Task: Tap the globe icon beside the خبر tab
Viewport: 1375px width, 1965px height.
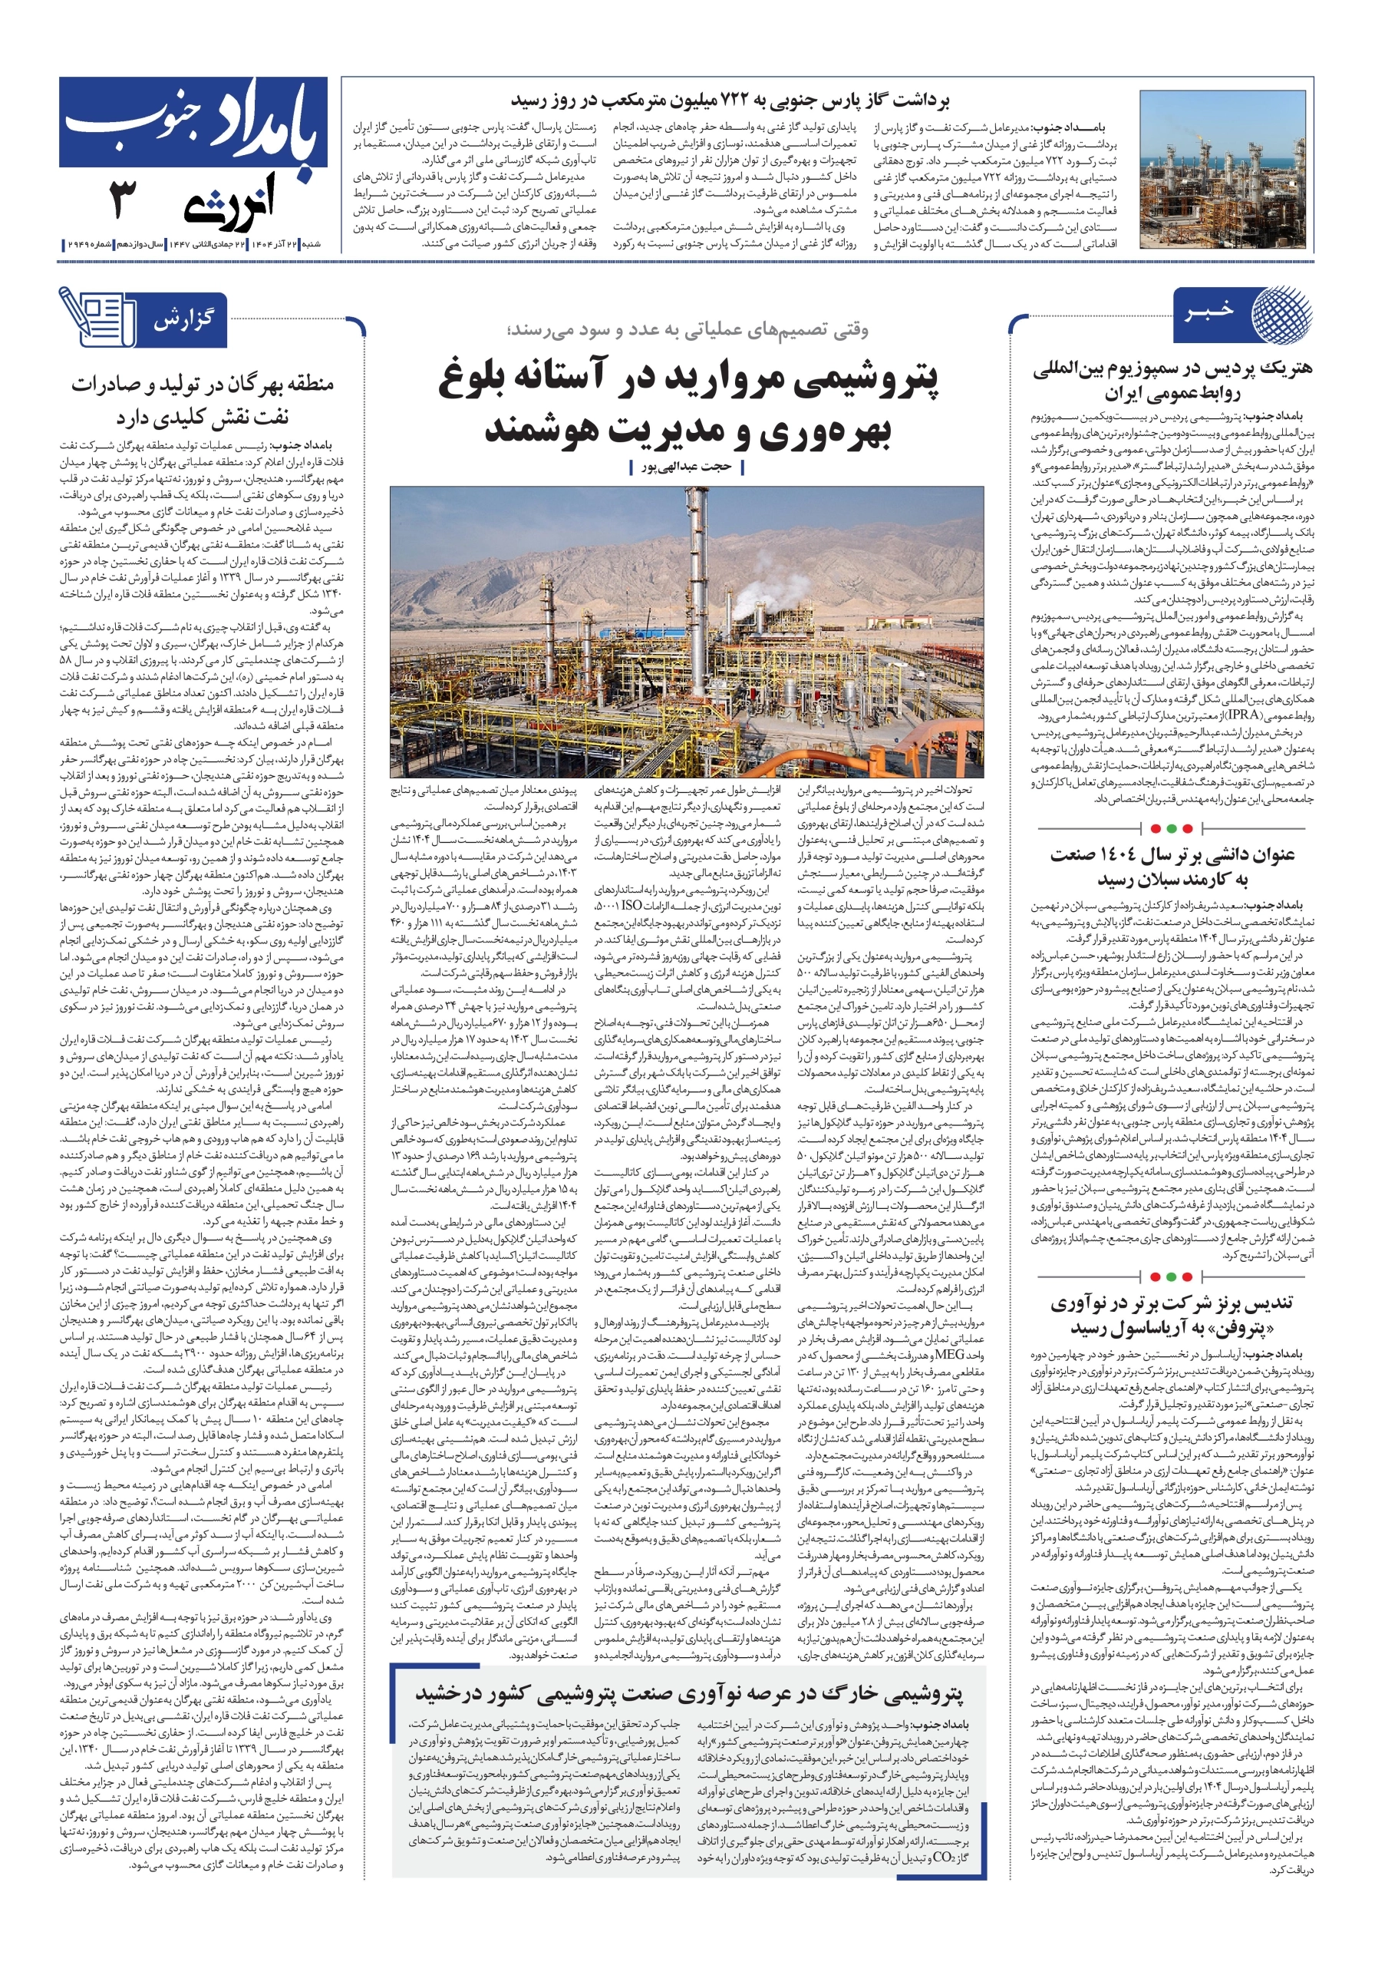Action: tap(1281, 313)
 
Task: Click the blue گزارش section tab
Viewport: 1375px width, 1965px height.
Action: tap(183, 321)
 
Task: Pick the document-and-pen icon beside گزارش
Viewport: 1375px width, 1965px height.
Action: tap(97, 317)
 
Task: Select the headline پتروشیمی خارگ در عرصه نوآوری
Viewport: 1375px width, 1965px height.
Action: tap(689, 1693)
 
